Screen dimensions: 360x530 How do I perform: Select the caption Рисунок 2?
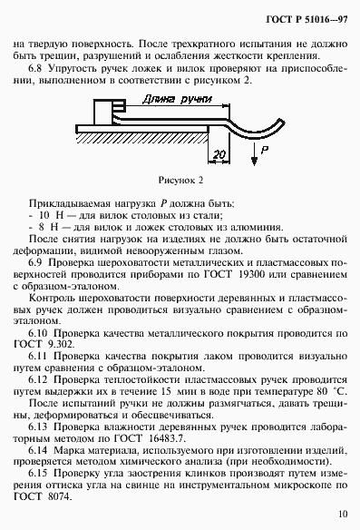tap(180, 180)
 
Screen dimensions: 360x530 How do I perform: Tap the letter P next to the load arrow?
tap(263, 146)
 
